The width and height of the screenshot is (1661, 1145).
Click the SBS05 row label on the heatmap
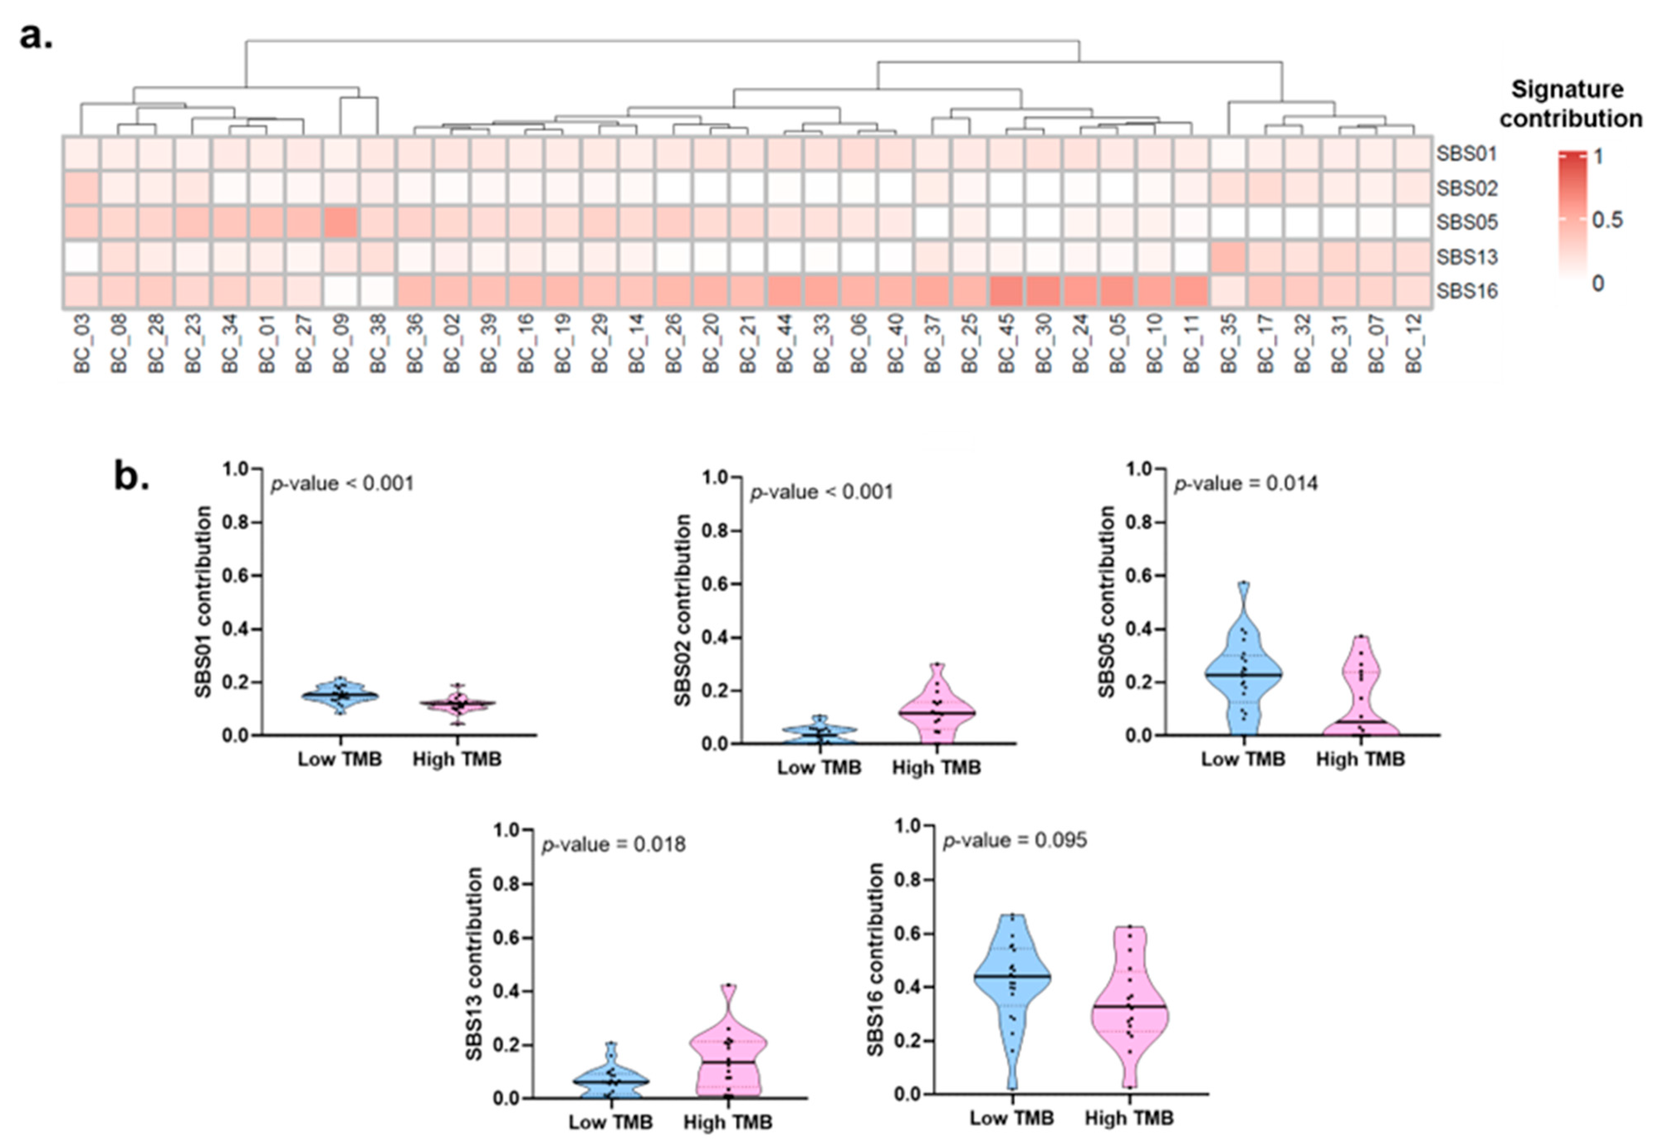click(x=1466, y=222)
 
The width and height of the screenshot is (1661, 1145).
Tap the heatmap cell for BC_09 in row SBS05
click(x=341, y=222)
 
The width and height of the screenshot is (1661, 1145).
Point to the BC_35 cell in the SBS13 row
click(x=1229, y=257)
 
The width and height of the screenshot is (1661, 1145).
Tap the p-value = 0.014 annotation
click(x=1245, y=484)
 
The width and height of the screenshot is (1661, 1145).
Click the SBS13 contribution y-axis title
click(x=474, y=963)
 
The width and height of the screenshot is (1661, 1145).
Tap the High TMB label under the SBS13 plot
click(x=727, y=1122)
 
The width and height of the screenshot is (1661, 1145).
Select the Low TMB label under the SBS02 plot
click(x=819, y=767)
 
